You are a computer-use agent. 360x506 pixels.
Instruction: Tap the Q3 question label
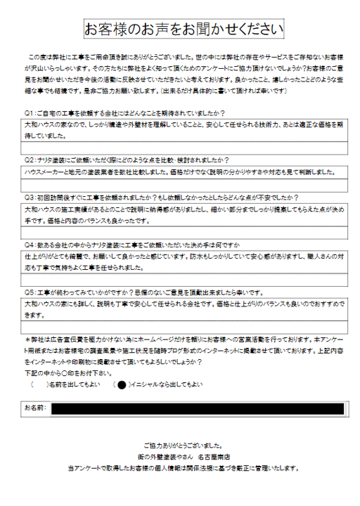(29, 197)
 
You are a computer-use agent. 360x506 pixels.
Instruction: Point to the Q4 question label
(29, 245)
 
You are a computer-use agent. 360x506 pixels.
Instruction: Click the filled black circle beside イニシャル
(121, 385)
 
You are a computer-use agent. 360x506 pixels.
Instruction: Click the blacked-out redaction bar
(197, 408)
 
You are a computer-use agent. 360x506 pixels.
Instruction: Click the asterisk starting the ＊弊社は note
(27, 339)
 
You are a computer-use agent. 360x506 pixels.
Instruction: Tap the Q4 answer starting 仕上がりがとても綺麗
(141, 257)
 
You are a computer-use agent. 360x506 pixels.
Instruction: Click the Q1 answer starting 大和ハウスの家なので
(141, 124)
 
